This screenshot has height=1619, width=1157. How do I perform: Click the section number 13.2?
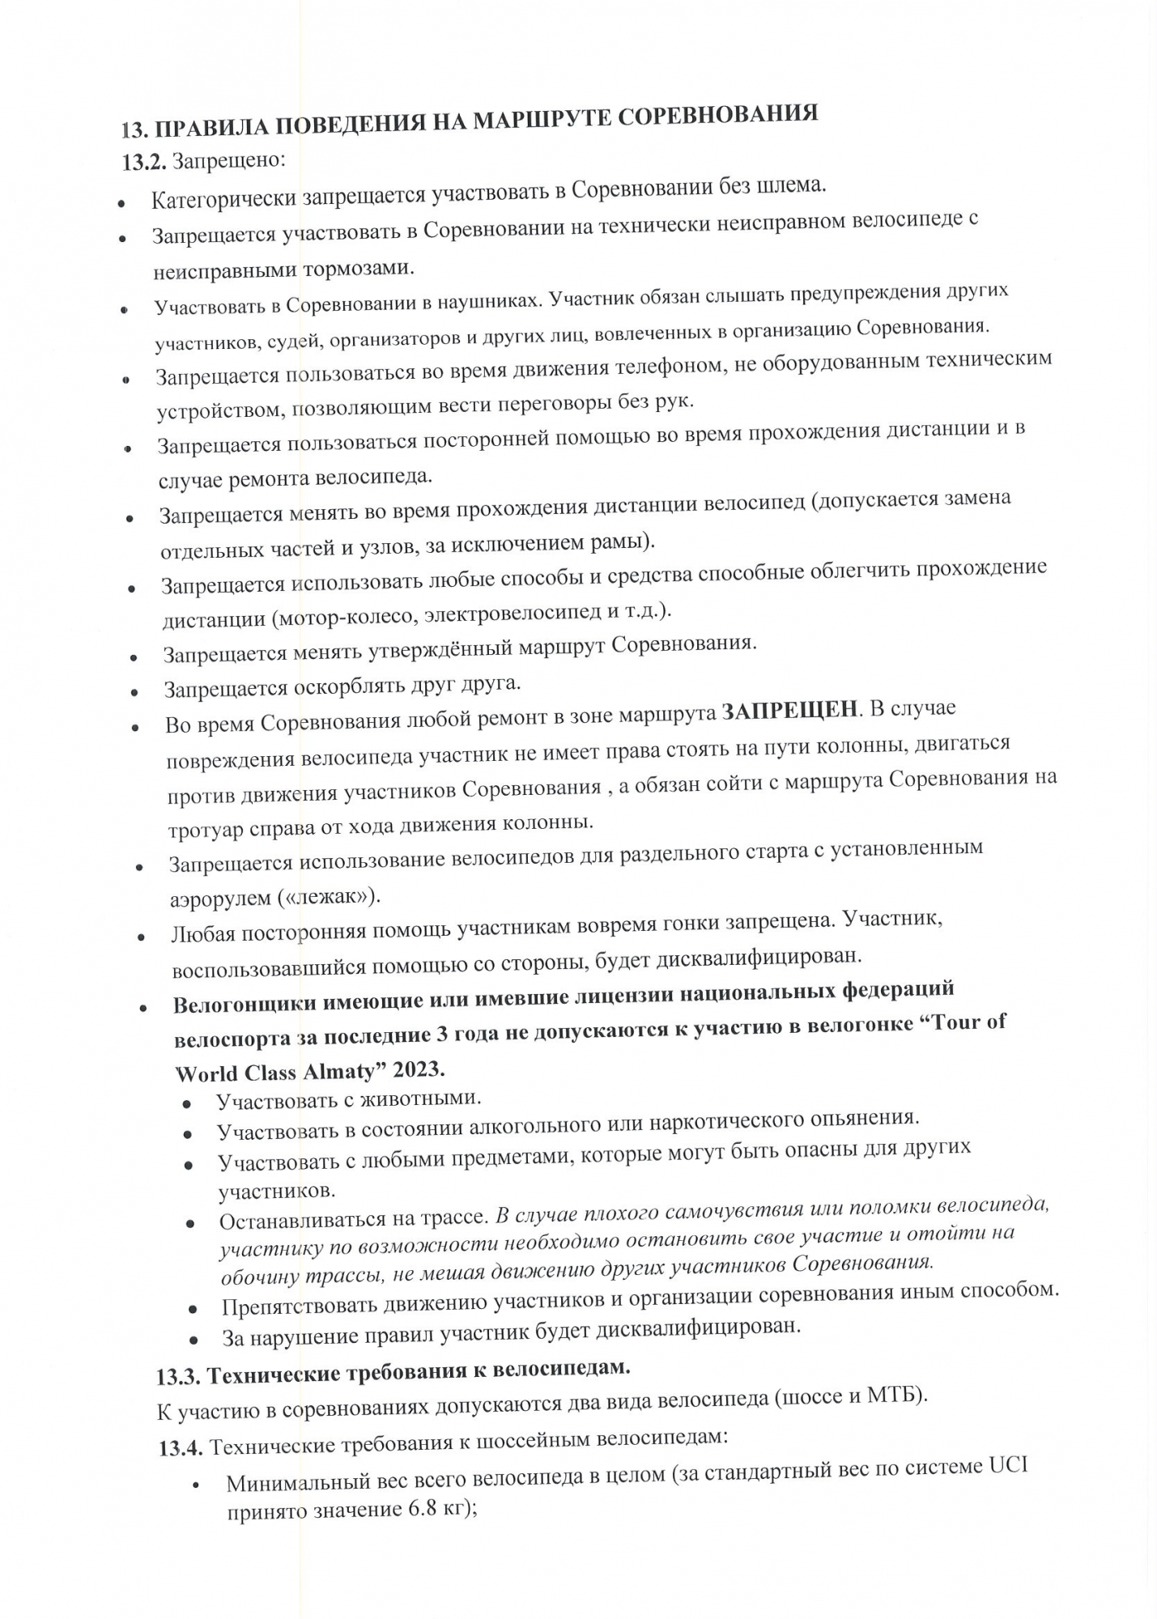tap(144, 162)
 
